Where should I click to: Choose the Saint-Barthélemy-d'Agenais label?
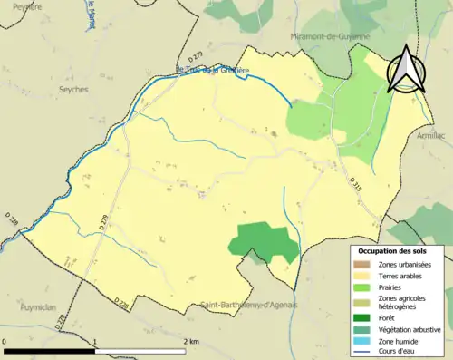(x=249, y=305)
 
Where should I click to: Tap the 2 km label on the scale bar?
(x=191, y=341)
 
